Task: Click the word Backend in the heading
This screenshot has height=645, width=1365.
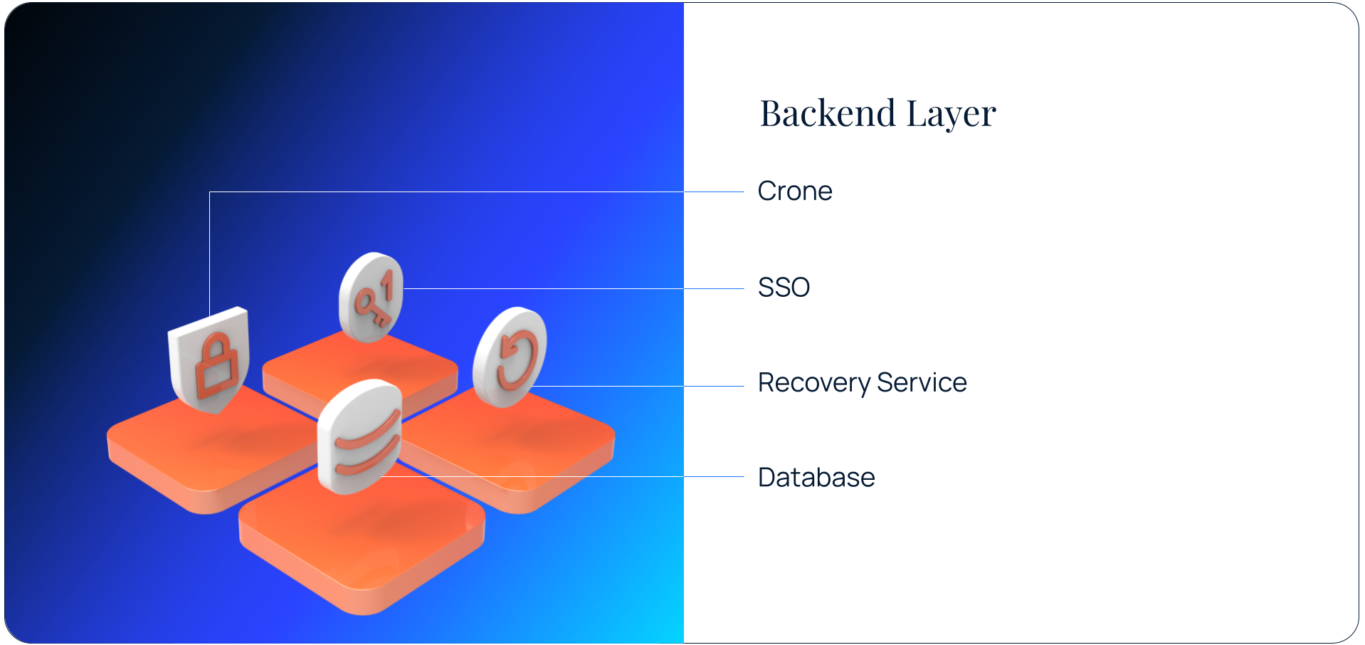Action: [827, 114]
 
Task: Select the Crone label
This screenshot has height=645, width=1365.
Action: [794, 192]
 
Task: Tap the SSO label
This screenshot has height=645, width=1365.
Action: [784, 288]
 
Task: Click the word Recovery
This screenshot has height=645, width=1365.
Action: [813, 383]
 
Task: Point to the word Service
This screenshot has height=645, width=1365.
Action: [922, 383]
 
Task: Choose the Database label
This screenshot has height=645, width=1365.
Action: [816, 478]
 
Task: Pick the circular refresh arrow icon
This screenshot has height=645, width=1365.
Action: [510, 356]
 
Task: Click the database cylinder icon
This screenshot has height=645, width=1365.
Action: [359, 436]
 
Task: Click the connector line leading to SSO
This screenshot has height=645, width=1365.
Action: [569, 288]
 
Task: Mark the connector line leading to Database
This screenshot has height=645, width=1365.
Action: [569, 476]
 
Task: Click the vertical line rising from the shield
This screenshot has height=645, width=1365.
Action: [209, 249]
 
